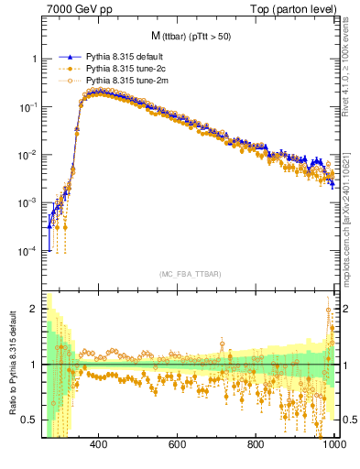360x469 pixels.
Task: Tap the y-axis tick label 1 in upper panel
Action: pos(33,59)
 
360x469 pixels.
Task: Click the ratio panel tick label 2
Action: pos(33,310)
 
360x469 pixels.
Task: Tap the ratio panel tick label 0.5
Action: pos(29,420)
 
